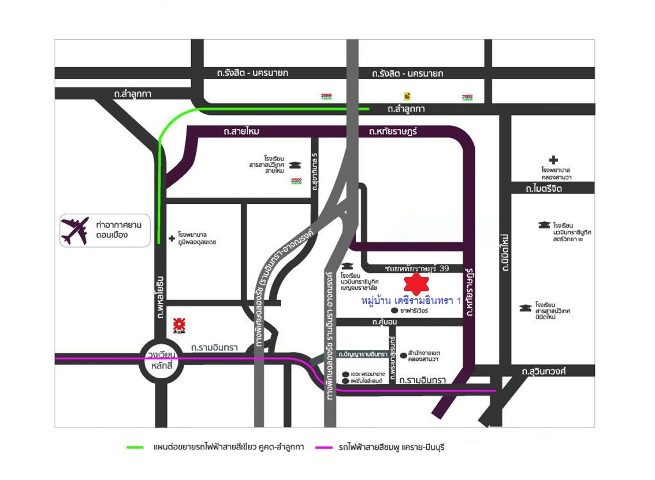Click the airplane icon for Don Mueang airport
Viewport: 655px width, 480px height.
pos(75,231)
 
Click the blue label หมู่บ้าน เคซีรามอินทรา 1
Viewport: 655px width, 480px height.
pos(412,301)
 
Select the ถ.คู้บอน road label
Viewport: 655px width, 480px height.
pos(384,322)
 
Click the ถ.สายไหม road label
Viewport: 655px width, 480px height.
pos(241,132)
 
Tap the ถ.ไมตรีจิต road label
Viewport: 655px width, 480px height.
pos(544,189)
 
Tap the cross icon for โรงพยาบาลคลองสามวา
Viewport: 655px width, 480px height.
pos(554,160)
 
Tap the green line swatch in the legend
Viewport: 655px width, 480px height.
pos(134,447)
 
